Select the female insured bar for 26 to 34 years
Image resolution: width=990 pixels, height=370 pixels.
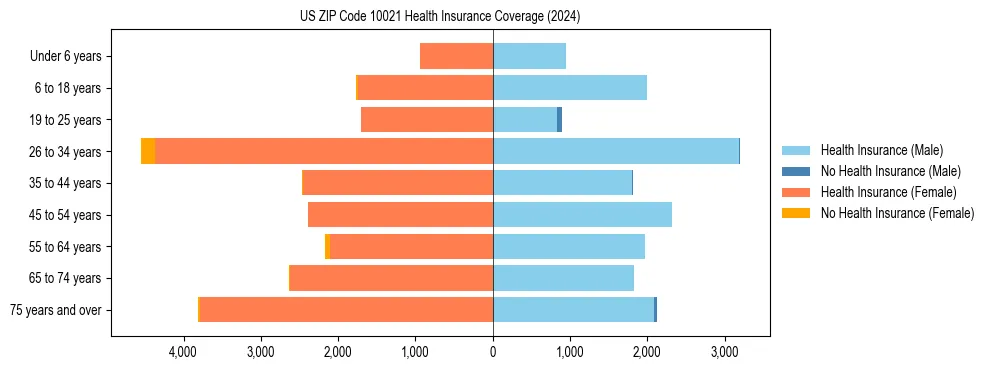click(324, 151)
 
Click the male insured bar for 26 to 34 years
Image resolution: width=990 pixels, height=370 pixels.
click(615, 151)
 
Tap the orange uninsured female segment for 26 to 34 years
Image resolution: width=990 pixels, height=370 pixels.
click(148, 151)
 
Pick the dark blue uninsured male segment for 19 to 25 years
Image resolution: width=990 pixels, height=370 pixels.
click(559, 120)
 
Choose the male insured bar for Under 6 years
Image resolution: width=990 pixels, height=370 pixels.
click(529, 56)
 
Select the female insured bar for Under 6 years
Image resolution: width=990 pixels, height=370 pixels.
click(456, 56)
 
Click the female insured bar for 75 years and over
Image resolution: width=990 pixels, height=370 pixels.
click(346, 310)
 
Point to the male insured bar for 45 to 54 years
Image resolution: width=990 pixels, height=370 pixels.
click(582, 215)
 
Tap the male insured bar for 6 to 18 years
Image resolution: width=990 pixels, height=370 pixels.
click(569, 88)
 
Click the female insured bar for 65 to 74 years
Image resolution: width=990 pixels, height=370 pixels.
click(391, 278)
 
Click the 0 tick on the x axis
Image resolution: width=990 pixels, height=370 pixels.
click(493, 353)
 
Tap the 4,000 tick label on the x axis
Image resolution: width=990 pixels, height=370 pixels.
click(183, 353)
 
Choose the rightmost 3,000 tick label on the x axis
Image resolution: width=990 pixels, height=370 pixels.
click(725, 353)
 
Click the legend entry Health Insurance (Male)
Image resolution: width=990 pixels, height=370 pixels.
click(881, 150)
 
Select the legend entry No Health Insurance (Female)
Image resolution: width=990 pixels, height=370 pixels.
click(897, 213)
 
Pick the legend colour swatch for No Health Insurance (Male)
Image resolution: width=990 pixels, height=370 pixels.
click(797, 171)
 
